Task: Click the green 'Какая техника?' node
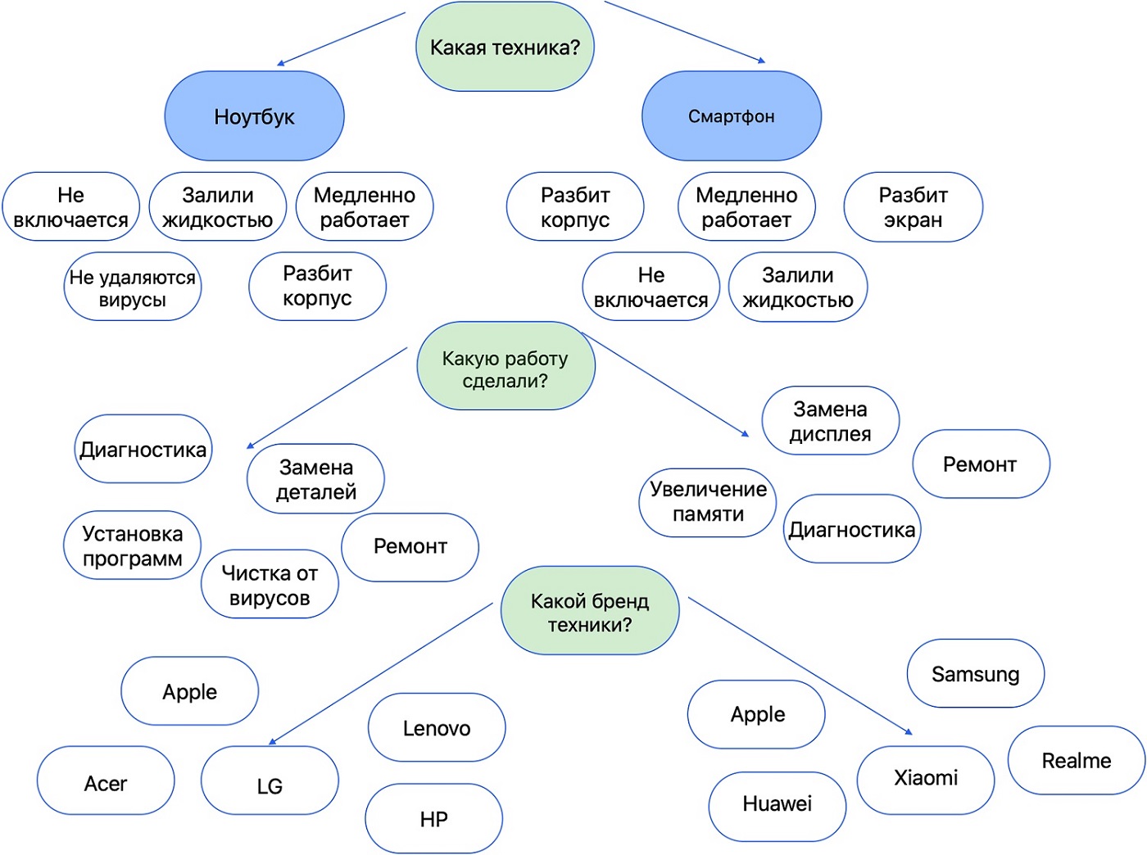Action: point(505,47)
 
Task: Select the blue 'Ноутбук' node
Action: point(254,116)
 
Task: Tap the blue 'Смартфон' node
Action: point(731,116)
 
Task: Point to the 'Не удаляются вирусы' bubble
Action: point(133,287)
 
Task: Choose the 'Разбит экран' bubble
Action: point(913,207)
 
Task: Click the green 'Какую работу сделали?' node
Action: point(505,369)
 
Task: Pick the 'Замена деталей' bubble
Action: point(316,479)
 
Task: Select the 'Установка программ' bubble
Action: point(133,545)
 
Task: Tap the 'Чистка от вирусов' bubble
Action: point(270,585)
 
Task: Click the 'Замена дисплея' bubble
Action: point(830,421)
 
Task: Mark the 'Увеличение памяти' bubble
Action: point(708,501)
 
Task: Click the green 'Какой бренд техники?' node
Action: point(590,612)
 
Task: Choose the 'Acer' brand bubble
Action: point(106,783)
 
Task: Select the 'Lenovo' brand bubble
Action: point(437,728)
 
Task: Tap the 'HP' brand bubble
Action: point(433,819)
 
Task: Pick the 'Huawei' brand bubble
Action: point(777,803)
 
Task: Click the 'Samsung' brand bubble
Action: point(975,674)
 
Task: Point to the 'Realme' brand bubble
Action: point(1076,761)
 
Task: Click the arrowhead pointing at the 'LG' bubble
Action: point(273,742)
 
